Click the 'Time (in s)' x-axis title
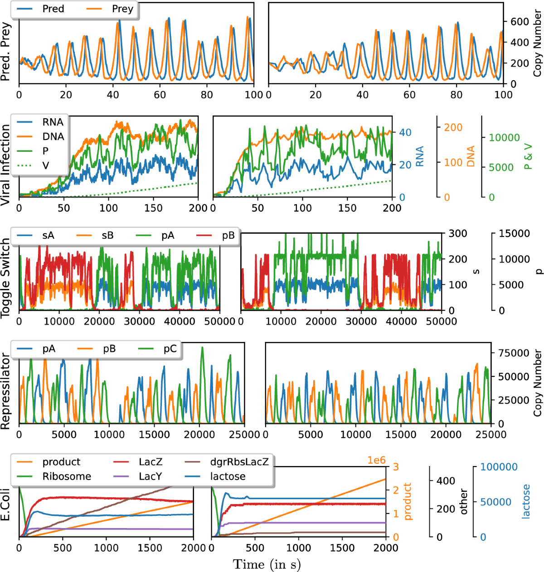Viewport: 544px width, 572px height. coord(267,564)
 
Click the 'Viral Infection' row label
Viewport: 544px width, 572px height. coord(5,165)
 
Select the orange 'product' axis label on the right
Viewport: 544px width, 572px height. coord(407,501)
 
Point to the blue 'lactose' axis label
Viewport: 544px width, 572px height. coord(526,501)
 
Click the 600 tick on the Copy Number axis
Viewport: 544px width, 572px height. coord(520,22)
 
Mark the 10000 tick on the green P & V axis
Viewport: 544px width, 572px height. coord(504,138)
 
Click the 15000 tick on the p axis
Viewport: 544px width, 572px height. coord(514,234)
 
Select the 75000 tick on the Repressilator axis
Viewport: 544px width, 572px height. coord(513,353)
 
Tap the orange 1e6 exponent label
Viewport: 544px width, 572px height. coord(376,460)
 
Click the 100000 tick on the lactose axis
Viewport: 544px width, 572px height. coord(499,467)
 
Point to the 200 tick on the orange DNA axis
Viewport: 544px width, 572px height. coord(453,128)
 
